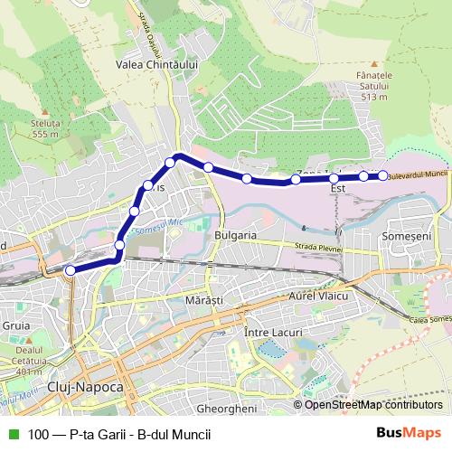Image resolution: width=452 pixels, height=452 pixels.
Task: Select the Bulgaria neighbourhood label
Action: (237, 235)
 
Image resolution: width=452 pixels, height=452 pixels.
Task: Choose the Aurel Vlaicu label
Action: (318, 297)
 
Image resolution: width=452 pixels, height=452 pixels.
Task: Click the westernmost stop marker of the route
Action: (71, 269)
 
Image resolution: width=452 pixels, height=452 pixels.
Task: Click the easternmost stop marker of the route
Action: (382, 175)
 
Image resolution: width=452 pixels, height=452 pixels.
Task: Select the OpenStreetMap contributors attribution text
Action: (373, 404)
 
